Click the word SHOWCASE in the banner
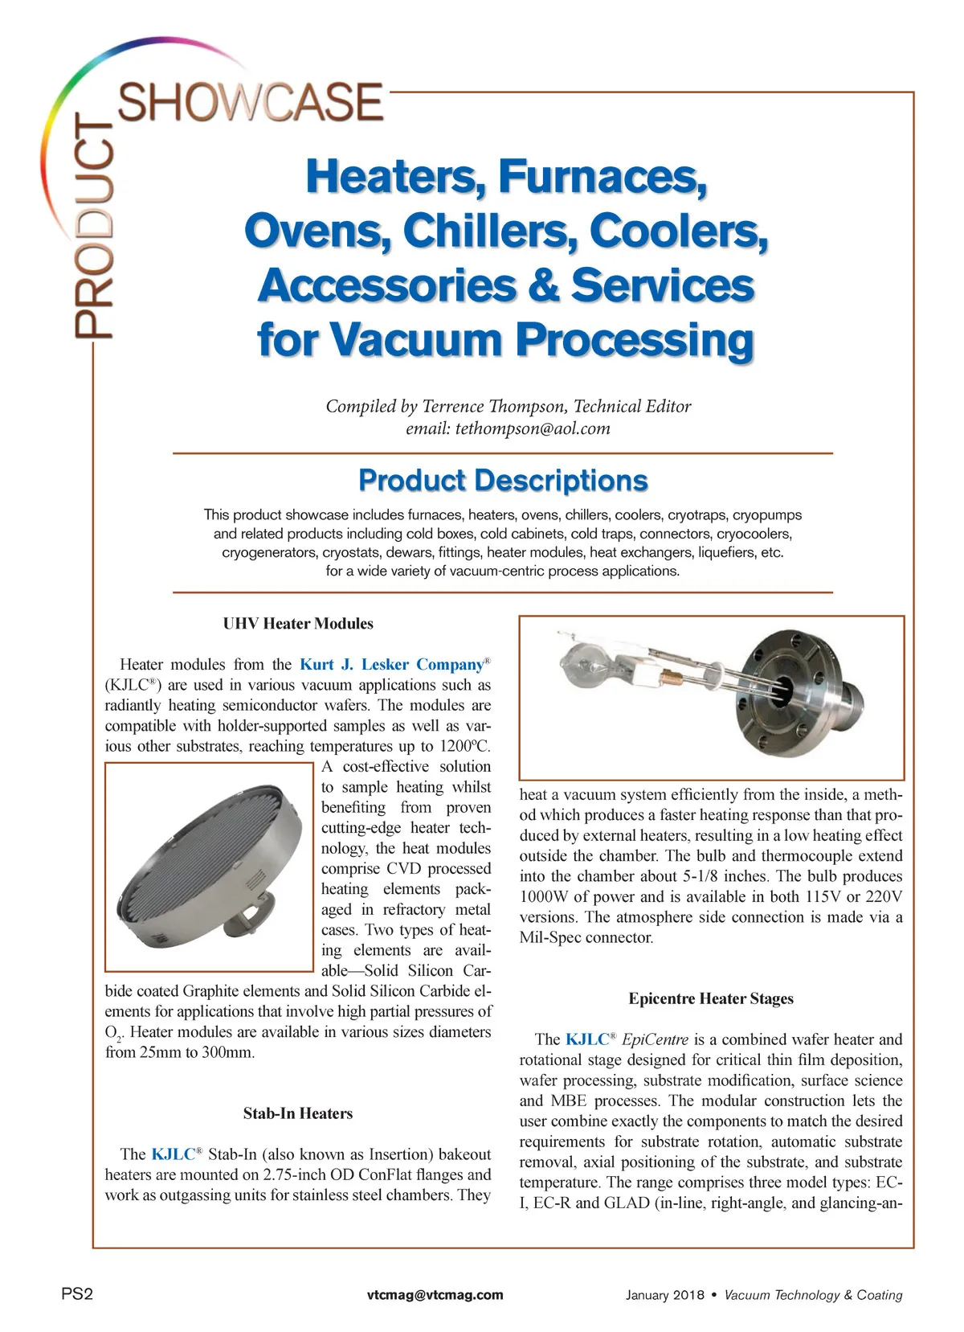pos(251,102)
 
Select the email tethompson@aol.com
pos(533,428)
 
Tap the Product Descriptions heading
pos(503,480)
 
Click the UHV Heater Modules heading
pos(298,624)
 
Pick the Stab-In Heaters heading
pos(298,1113)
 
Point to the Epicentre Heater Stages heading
pos(711,998)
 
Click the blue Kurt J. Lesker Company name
pos(392,665)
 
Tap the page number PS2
pos(77,1294)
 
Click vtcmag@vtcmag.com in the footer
pos(435,1295)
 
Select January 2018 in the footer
pos(664,1295)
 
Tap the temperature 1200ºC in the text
pos(465,746)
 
